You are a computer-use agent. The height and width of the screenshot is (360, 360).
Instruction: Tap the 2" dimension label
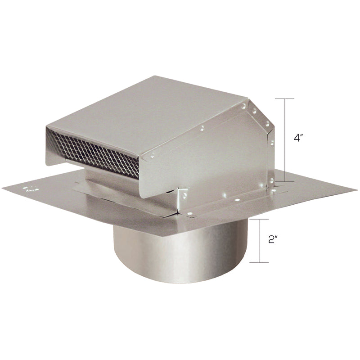point(272,239)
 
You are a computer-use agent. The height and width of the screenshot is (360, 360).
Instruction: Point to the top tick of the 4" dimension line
point(284,99)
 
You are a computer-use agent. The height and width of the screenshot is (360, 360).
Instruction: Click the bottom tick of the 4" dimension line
point(284,181)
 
